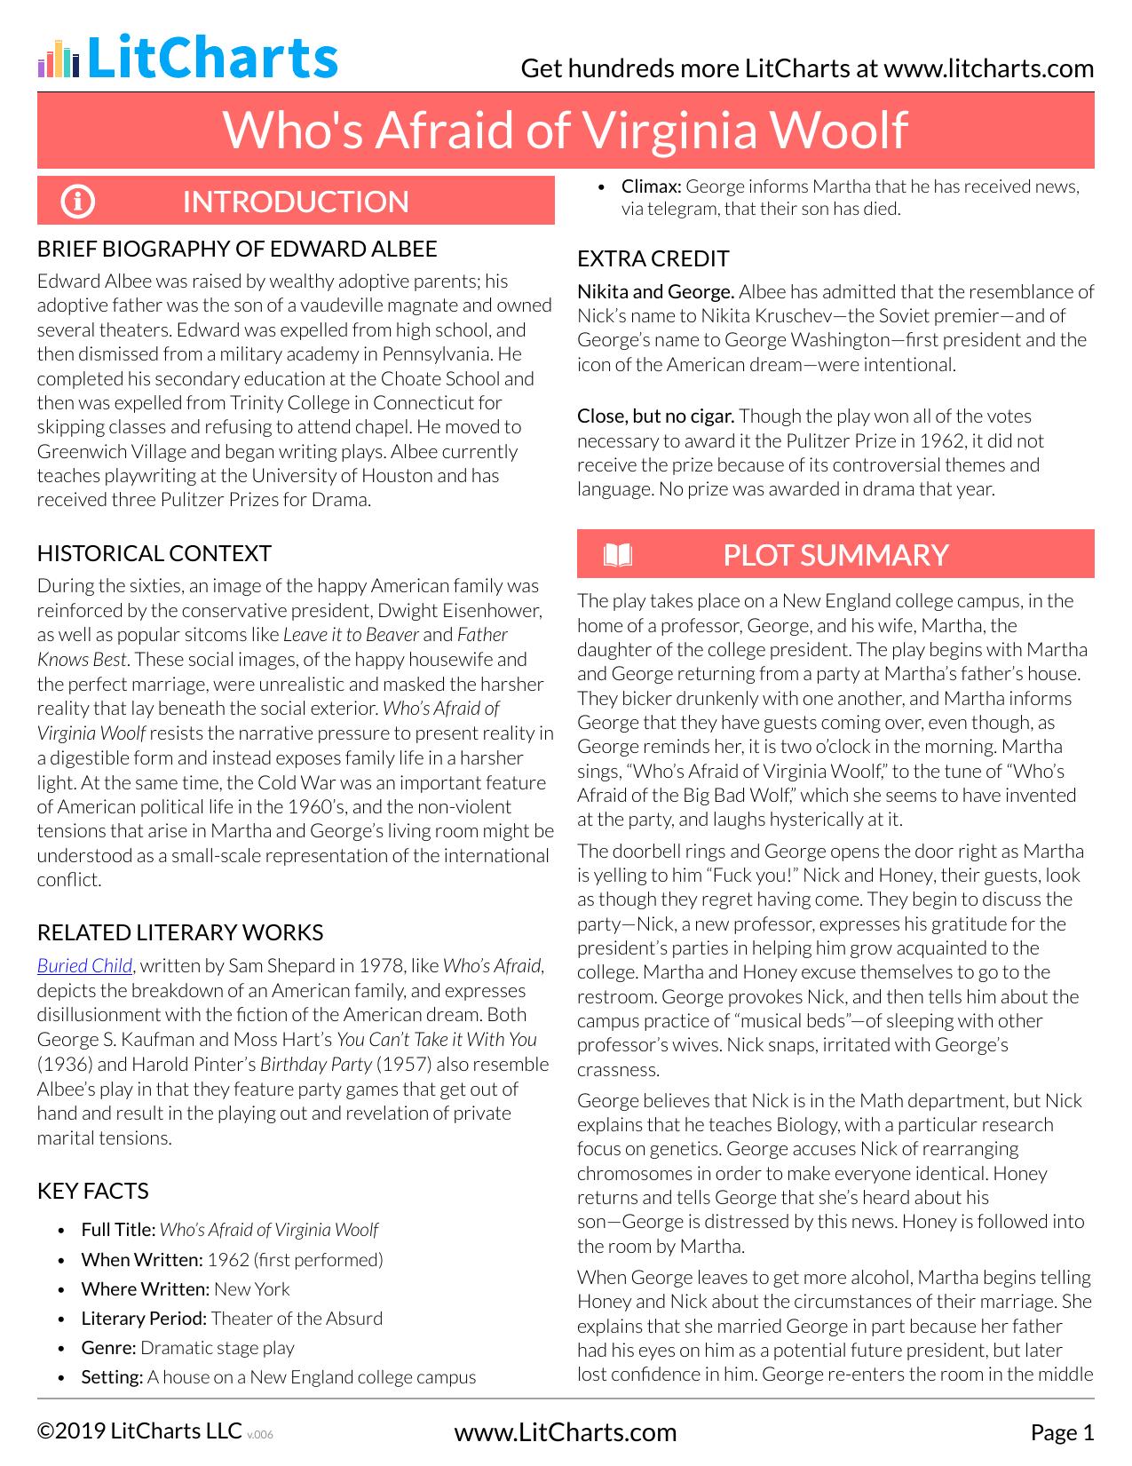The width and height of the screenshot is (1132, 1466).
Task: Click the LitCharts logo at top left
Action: coord(187,58)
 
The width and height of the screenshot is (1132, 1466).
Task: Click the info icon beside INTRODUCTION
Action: coord(77,202)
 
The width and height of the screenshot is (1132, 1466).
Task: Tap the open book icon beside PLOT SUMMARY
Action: coord(617,555)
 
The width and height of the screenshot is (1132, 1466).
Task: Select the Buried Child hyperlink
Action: coord(84,966)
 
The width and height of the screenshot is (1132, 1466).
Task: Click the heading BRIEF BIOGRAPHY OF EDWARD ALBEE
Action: coord(237,249)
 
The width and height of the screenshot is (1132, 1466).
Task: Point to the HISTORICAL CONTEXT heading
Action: coord(154,553)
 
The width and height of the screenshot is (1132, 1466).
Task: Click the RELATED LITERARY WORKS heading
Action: coord(179,932)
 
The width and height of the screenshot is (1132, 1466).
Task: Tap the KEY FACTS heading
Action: coord(92,1191)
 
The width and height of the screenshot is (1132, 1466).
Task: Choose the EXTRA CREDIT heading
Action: coord(653,258)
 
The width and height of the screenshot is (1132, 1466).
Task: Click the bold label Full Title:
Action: coord(118,1230)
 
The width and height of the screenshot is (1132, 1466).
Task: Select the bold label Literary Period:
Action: coord(144,1319)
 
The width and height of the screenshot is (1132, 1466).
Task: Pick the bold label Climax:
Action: coord(651,186)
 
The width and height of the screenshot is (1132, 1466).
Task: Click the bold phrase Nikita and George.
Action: coord(655,291)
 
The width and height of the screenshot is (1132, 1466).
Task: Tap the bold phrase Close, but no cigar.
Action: coord(655,416)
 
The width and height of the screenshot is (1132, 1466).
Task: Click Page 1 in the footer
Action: coord(1062,1432)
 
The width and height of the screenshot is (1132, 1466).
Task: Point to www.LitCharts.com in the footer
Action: coord(565,1432)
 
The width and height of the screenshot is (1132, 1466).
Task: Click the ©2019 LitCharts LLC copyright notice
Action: coord(139,1431)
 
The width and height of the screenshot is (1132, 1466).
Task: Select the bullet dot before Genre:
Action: coord(61,1349)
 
